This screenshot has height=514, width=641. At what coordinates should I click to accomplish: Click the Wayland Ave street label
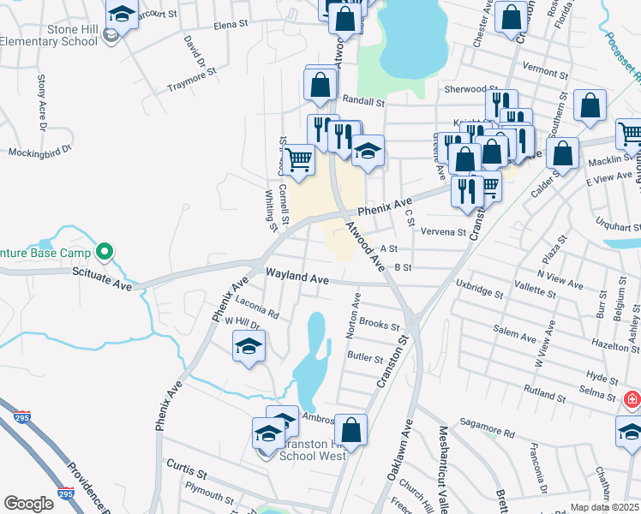tap(297, 279)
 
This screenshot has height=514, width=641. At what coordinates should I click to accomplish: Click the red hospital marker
tap(632, 399)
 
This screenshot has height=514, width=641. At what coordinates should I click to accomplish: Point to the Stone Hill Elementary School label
tap(49, 34)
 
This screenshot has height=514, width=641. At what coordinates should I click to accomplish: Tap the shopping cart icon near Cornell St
tap(299, 158)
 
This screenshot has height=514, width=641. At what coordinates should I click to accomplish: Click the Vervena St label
tap(442, 231)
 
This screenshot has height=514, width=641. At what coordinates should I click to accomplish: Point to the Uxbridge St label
tap(480, 288)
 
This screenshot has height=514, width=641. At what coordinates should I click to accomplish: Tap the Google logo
tap(28, 504)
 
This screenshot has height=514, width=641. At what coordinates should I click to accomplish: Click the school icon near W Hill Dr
tap(249, 347)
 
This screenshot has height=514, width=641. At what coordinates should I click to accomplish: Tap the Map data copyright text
tap(604, 507)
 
